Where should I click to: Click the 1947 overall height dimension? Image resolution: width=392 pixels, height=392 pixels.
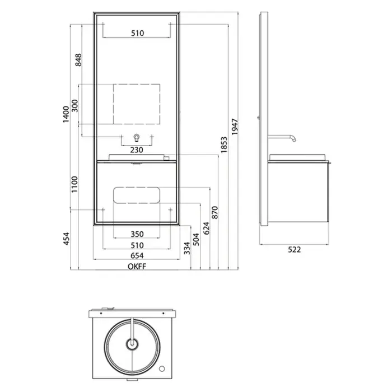pos(235,127)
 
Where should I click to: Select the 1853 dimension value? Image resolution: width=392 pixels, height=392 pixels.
pos(224,144)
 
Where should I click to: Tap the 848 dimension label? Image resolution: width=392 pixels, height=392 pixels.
pos(78,60)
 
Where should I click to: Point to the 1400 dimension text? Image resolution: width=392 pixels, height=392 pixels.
pos(66,114)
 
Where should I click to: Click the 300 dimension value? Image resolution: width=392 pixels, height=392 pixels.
pos(74,106)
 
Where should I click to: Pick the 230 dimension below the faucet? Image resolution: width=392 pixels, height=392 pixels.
pos(137,150)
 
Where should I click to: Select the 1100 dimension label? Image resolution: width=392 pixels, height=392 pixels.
pos(74,184)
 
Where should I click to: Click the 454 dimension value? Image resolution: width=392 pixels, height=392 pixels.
pos(66,239)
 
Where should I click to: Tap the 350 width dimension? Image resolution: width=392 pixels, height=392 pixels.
pos(137,234)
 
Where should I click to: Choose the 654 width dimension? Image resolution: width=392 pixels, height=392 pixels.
pos(137,256)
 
